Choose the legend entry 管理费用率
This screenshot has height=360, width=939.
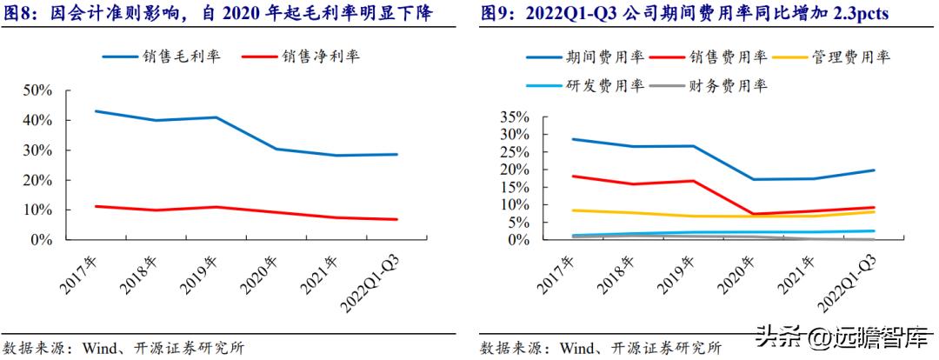click(x=852, y=57)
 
